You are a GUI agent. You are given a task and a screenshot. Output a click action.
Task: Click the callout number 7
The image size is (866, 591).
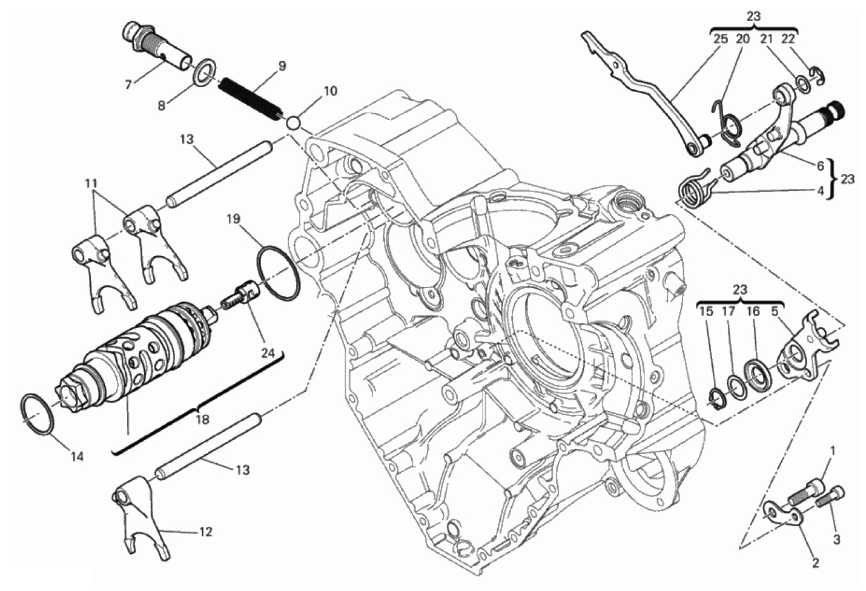(x=128, y=85)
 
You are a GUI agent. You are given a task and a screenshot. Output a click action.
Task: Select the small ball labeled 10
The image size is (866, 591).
(x=294, y=122)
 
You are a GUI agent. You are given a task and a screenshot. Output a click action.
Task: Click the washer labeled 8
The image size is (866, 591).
(x=203, y=71)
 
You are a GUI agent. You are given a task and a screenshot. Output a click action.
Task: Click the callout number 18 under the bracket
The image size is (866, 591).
(x=202, y=419)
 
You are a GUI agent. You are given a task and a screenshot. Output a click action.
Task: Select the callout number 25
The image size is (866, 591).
(x=720, y=38)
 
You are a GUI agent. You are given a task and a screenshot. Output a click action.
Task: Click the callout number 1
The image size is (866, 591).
(x=832, y=451)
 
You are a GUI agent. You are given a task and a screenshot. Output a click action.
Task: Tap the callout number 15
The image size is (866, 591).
(x=706, y=312)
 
